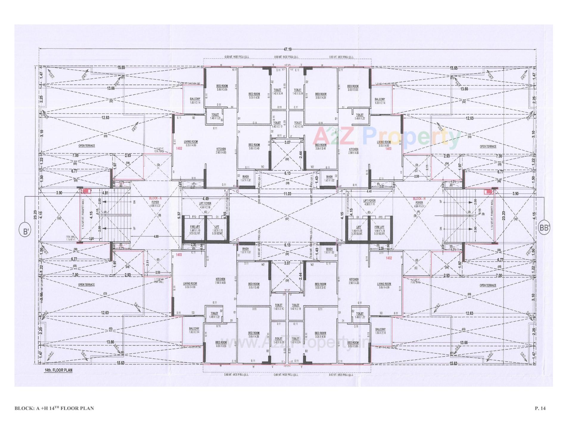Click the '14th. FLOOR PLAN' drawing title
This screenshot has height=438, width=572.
coord(56,370)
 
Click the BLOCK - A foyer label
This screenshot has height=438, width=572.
coord(155,200)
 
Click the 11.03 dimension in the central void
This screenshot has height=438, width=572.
coord(287,194)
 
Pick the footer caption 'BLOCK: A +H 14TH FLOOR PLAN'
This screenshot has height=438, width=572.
coord(54,408)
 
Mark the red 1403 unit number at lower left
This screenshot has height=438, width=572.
coord(179,255)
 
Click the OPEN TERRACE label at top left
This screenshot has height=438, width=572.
coord(86,146)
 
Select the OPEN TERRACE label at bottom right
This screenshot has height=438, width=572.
coord(488,285)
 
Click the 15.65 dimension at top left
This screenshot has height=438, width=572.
coord(121,68)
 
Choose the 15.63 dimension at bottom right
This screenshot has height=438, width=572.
coord(453,363)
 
